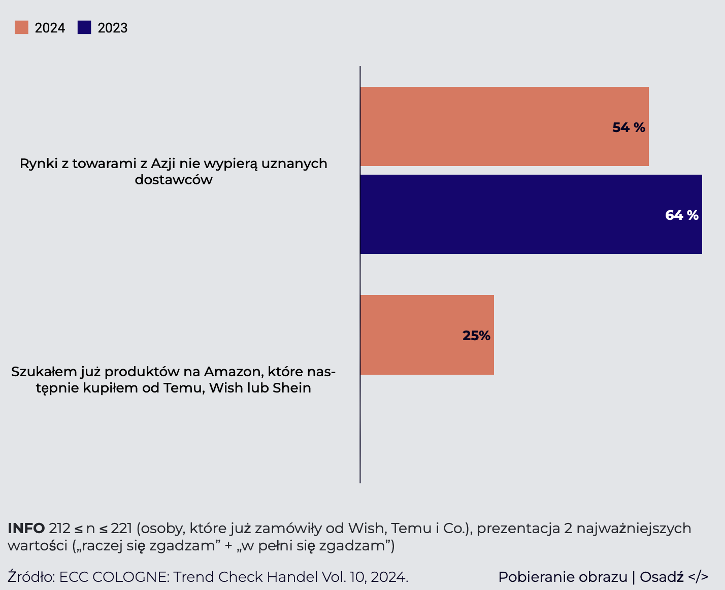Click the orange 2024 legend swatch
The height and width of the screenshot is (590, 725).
point(21,27)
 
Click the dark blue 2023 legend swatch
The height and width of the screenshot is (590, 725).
point(84,27)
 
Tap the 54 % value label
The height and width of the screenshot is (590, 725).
point(629,127)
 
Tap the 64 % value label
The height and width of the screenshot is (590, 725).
point(681,215)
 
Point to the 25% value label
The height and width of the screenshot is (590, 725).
point(476,336)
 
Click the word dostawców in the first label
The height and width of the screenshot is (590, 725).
point(174,180)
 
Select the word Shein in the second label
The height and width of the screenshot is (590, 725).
point(292,388)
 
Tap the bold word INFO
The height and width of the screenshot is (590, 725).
point(26,529)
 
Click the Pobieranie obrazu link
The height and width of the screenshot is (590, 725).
point(563,577)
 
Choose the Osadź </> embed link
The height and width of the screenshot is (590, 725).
point(674,577)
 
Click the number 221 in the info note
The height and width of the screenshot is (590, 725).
point(121,529)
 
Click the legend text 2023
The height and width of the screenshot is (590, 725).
point(112,28)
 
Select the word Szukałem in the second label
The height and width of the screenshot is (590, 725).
point(41,372)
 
